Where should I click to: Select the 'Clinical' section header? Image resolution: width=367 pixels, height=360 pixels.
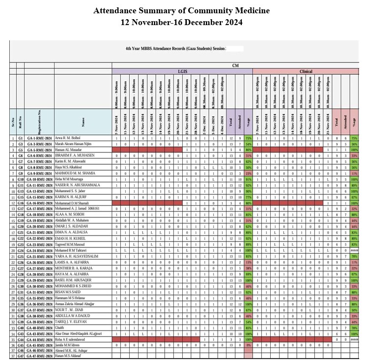pyautogui.click(x=306, y=71)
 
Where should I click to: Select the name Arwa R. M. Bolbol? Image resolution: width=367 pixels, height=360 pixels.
pyautogui.click(x=69, y=139)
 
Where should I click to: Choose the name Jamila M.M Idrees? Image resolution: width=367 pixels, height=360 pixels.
pyautogui.click(x=68, y=345)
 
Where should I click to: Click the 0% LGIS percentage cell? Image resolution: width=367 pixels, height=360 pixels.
pyautogui.click(x=249, y=345)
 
